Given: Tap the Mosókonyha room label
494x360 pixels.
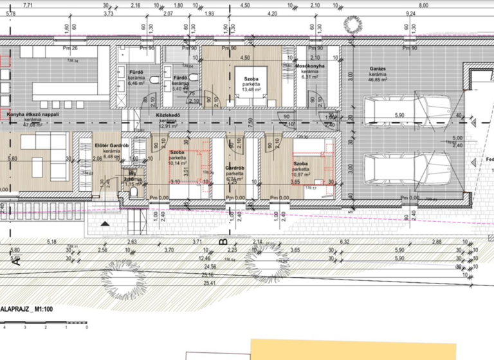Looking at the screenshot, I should pyautogui.click(x=310, y=66).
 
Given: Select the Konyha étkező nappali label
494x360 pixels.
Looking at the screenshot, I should pyautogui.click(x=33, y=114).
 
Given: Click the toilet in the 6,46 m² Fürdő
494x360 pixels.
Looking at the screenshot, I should pyautogui.click(x=156, y=79).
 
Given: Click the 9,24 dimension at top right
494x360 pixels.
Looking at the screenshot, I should pyautogui.click(x=410, y=13).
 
